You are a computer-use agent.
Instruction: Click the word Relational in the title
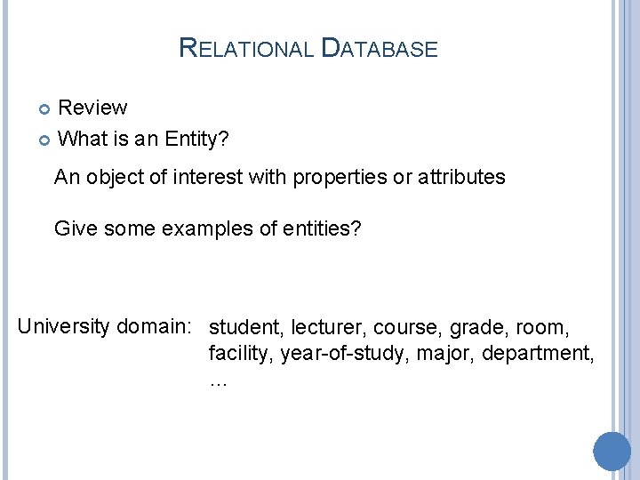pyautogui.click(x=245, y=48)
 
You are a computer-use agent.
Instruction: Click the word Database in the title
pyautogui.click(x=379, y=48)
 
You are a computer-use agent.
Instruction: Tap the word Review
pyautogui.click(x=92, y=108)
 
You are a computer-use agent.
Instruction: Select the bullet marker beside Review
pyautogui.click(x=46, y=109)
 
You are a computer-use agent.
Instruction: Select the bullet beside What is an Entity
pyautogui.click(x=46, y=140)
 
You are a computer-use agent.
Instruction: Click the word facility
pyautogui.click(x=241, y=354)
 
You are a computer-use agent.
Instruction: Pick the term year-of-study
pyautogui.click(x=349, y=354)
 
